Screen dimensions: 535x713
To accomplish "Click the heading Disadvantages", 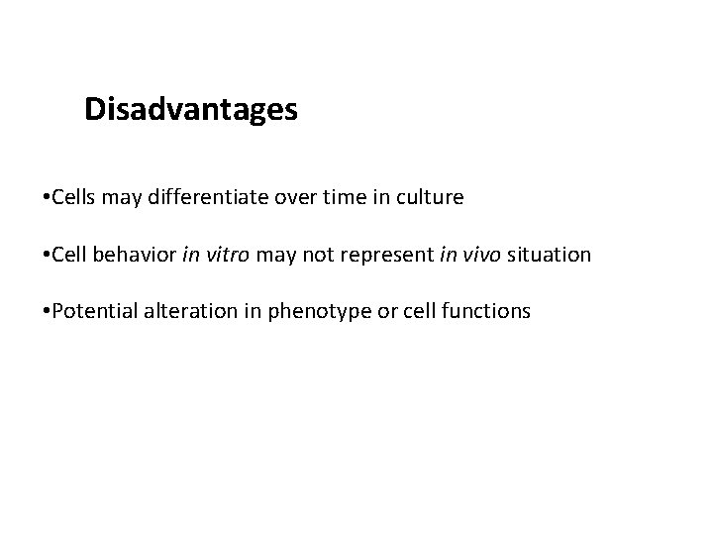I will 190,109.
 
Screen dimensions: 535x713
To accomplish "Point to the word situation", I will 551,255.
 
